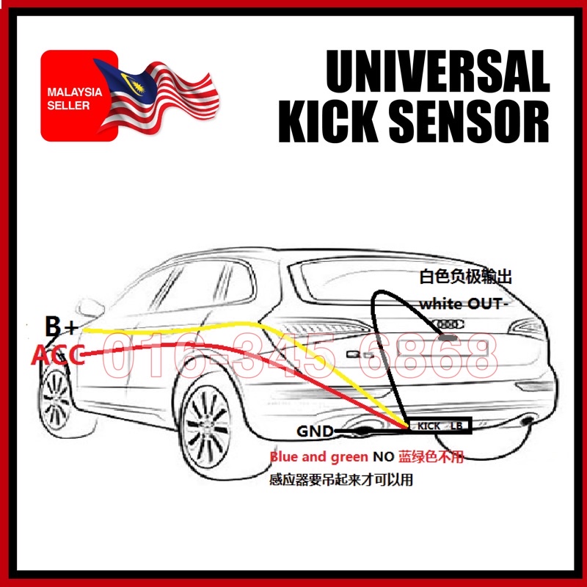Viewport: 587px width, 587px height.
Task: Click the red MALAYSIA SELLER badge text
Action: pyautogui.click(x=68, y=100)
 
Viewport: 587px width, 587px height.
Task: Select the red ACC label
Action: pyautogui.click(x=57, y=357)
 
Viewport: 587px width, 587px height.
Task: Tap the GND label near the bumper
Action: pyautogui.click(x=315, y=431)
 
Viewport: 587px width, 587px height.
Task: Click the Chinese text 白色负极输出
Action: pyautogui.click(x=464, y=277)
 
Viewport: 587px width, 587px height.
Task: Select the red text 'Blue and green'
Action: pyautogui.click(x=318, y=457)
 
